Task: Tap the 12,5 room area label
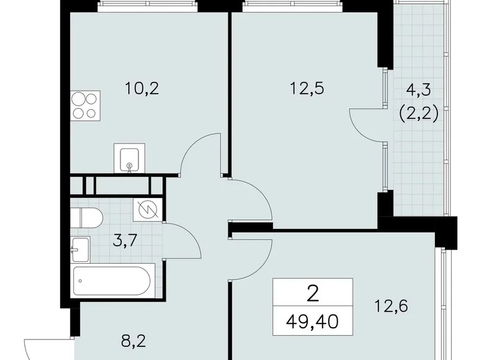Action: pos(307,89)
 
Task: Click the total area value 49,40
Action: pos(313,322)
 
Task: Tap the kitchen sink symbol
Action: pos(129,158)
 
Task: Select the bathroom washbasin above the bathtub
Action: pos(81,250)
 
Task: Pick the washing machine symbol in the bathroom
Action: pos(148,210)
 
